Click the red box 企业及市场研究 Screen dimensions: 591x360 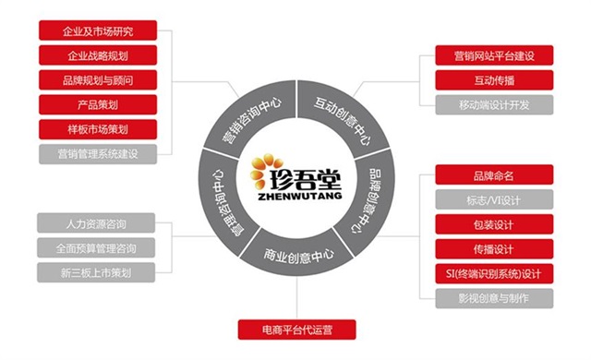coord(97,31)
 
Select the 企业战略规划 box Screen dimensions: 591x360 coord(97,55)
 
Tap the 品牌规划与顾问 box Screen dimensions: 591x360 coord(97,79)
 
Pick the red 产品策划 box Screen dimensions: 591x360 coord(97,103)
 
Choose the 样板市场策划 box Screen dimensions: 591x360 coord(97,127)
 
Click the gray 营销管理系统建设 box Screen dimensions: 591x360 coord(97,152)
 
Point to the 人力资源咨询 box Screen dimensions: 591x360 coord(97,222)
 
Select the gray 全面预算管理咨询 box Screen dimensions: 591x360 coord(97,247)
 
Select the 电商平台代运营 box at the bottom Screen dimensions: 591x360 coord(295,329)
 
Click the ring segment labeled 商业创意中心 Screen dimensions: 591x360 coord(296,255)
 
